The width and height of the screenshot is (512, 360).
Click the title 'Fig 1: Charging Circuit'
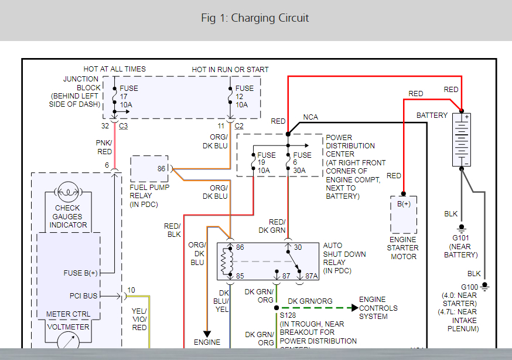point(255,18)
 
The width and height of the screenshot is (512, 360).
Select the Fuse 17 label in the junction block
point(129,96)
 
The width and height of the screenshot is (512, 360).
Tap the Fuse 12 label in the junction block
point(244,96)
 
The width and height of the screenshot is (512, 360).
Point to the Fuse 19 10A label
point(267,163)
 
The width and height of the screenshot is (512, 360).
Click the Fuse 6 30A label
point(302,163)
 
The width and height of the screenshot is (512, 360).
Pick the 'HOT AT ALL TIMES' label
point(114,69)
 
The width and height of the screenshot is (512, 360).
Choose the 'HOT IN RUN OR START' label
point(230,69)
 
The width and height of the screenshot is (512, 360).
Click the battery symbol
point(462,140)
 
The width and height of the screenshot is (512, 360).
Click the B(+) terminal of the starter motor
point(404,204)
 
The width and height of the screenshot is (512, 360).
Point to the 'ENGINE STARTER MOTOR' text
point(403,248)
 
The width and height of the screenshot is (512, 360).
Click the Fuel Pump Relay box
point(149,169)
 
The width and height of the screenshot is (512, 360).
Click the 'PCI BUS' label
point(83,296)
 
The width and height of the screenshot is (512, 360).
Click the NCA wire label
point(310,117)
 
